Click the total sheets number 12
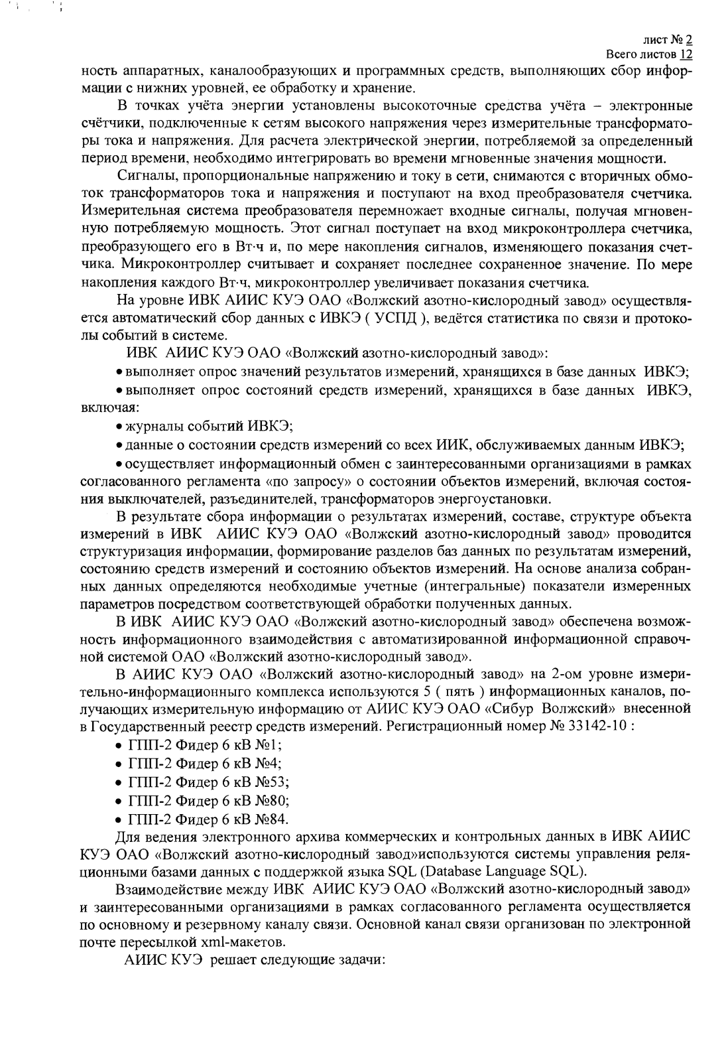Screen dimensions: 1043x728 (x=687, y=54)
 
